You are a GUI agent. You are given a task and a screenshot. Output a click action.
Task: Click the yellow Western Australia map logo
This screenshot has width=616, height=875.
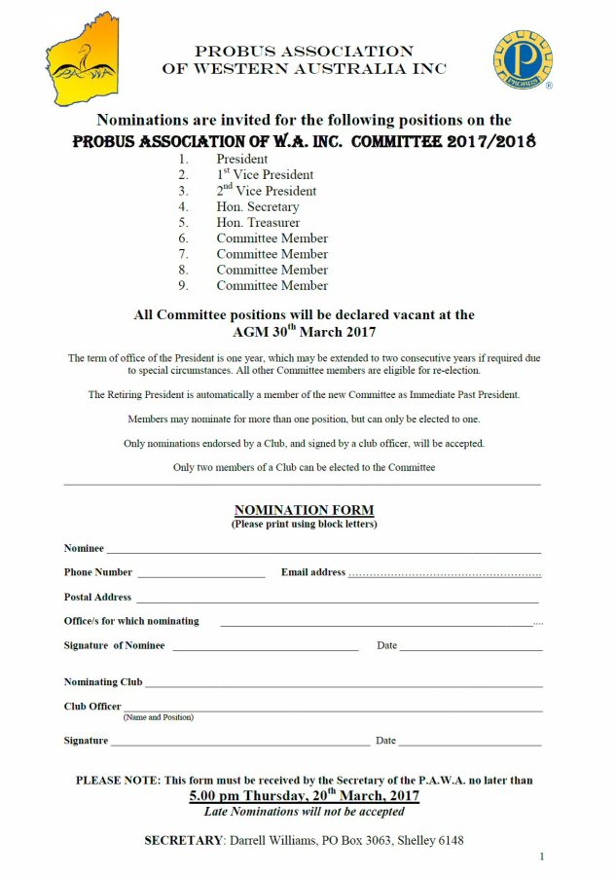click(83, 59)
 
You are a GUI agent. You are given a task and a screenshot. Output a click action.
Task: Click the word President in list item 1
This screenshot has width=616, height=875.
click(242, 159)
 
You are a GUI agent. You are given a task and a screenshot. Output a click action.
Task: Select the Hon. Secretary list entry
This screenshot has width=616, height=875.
click(258, 206)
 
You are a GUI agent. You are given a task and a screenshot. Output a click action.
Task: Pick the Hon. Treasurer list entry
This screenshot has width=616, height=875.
click(258, 222)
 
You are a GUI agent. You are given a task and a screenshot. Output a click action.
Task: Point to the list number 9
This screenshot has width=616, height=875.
click(183, 285)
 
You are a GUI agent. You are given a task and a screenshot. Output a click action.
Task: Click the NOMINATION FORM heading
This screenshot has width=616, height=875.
click(304, 510)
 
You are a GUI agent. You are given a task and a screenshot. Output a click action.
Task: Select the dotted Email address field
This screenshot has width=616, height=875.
click(445, 573)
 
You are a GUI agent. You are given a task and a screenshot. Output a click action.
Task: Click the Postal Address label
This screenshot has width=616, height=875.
click(97, 598)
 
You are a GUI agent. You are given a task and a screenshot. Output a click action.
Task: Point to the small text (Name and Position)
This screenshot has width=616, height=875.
click(158, 717)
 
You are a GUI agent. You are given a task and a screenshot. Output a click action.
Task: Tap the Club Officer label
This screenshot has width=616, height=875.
click(92, 707)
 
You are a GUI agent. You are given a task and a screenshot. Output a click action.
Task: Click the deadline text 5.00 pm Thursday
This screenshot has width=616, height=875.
click(304, 796)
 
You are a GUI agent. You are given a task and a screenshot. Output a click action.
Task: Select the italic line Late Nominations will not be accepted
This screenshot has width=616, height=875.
click(304, 812)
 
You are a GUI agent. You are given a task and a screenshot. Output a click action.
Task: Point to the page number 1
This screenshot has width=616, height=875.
click(541, 857)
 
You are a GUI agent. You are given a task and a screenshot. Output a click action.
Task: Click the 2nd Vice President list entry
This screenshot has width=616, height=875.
click(265, 191)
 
